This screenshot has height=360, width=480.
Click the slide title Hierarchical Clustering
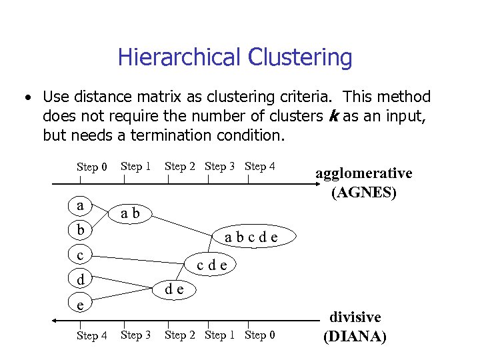[x=235, y=57]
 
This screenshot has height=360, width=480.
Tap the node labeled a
[x=81, y=205]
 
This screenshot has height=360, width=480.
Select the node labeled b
[x=81, y=230]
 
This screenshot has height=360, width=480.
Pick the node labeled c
[x=81, y=255]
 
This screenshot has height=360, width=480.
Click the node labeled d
[x=81, y=279]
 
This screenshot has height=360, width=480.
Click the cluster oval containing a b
[x=130, y=213]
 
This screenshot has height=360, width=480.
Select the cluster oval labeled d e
[x=175, y=289]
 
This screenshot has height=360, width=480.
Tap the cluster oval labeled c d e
[x=212, y=264]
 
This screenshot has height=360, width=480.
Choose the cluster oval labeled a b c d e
[x=251, y=237]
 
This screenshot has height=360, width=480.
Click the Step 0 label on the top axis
[x=92, y=167]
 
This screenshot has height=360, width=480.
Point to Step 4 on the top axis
[x=260, y=166]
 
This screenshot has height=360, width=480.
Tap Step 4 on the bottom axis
[x=92, y=335]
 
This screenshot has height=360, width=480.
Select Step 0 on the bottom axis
[x=260, y=335]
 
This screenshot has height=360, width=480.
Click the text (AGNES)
[x=364, y=193]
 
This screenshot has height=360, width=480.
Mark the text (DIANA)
[x=355, y=336]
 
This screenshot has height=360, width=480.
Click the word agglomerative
[x=364, y=173]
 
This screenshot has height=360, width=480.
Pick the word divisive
[x=355, y=317]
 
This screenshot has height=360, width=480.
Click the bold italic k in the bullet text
[x=333, y=117]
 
